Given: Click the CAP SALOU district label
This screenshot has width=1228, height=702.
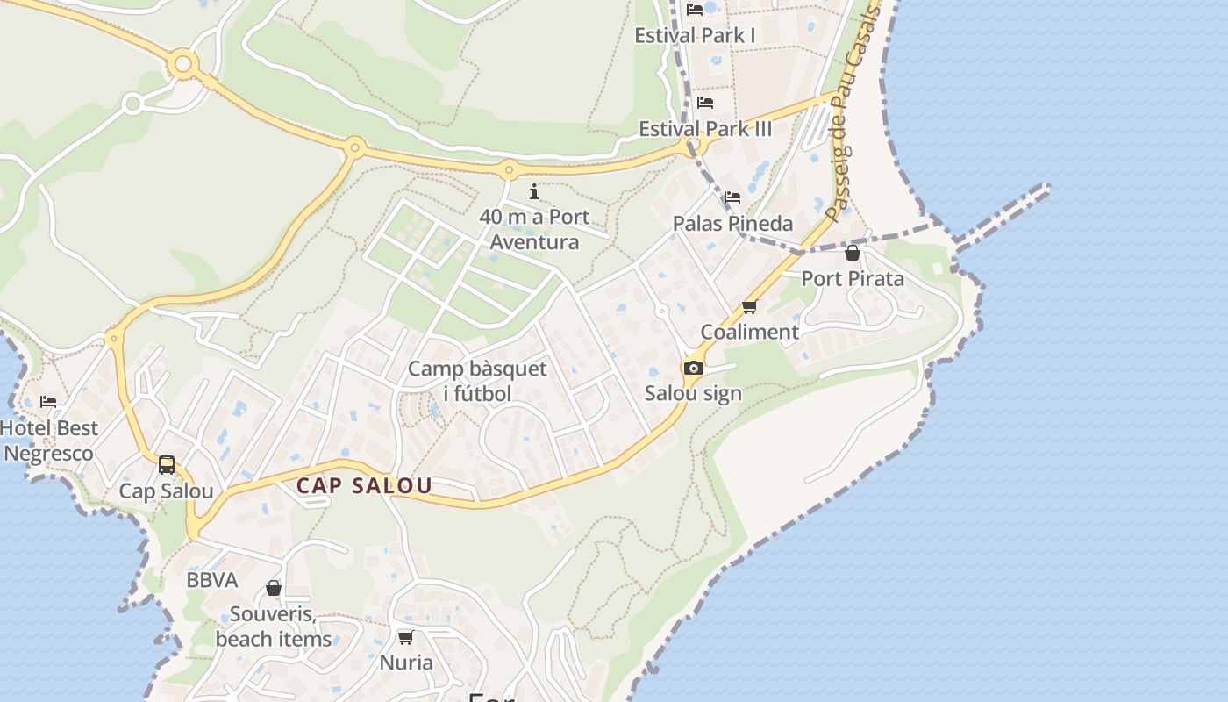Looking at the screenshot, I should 363,485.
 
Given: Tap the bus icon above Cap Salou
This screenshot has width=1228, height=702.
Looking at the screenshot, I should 167,465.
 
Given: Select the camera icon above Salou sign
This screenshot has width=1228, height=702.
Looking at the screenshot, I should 694,368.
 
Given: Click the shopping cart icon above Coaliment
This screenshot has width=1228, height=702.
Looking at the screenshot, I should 749,307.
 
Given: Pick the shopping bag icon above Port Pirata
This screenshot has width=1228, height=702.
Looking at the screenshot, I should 852,254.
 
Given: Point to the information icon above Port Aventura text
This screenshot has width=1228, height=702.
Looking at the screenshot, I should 534,191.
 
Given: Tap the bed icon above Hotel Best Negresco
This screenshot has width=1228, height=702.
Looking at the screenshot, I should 48,402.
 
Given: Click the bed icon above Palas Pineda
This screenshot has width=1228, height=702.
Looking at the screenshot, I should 732,197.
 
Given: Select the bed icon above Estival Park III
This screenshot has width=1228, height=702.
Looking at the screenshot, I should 705,103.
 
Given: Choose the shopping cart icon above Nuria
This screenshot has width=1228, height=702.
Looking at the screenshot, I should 405,637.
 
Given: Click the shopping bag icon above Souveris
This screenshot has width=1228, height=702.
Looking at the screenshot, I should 274,588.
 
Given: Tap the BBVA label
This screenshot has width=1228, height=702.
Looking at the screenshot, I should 212,580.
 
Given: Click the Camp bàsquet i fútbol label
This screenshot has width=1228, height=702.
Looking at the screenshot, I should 477,381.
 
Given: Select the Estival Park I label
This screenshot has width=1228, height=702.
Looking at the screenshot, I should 695,35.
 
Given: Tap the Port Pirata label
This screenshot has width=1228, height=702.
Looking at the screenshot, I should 853,279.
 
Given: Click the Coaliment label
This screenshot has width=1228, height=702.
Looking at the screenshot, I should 749,332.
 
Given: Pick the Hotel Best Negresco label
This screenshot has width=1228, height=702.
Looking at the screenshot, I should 49,441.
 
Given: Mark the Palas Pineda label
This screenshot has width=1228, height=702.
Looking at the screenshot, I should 732,223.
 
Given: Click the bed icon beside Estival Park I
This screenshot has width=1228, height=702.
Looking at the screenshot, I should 695,10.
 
